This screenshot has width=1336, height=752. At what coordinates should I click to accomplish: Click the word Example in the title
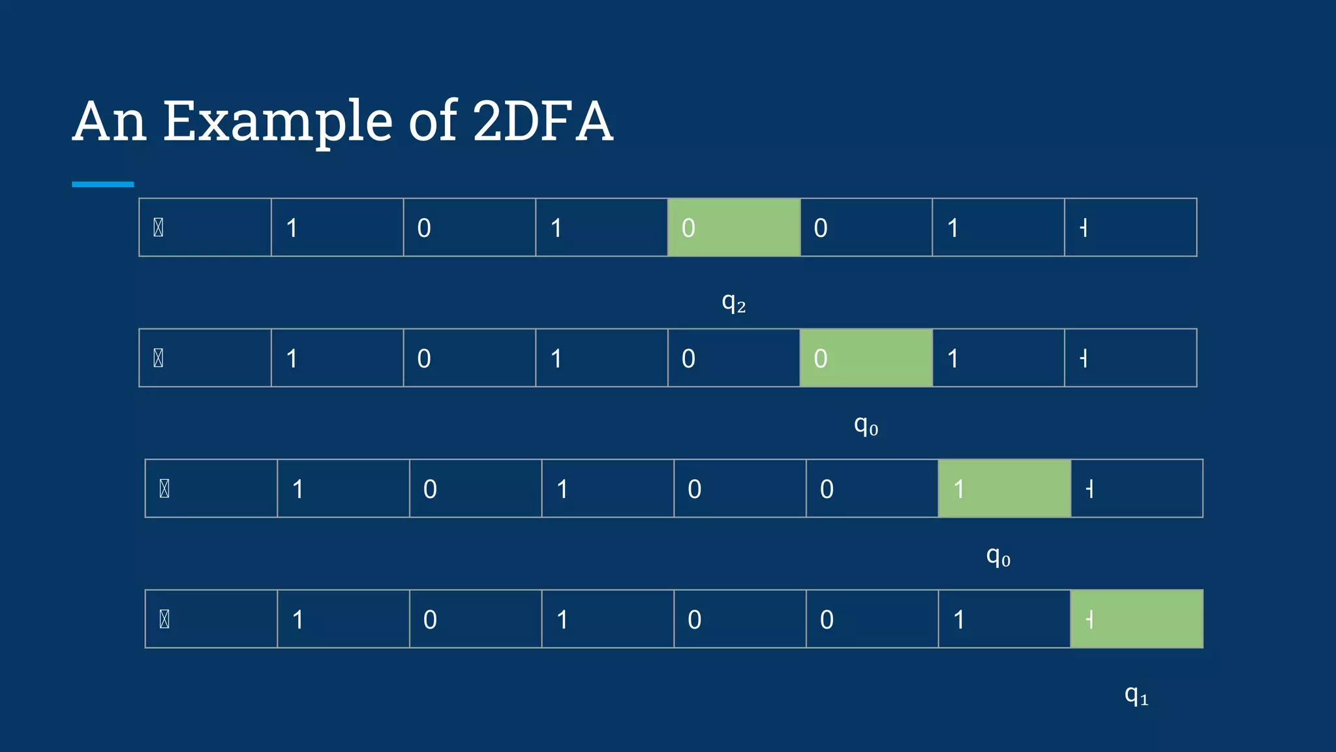277,121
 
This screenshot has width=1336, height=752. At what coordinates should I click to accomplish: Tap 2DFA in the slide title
543,121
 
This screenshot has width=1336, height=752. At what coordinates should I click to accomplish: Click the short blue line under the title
103,185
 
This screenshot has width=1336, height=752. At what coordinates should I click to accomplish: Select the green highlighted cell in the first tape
734,227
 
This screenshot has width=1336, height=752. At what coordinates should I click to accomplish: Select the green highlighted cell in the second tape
866,358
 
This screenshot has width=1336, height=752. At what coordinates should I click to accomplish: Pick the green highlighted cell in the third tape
1005,488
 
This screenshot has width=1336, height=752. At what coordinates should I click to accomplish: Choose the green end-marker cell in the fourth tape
1137,619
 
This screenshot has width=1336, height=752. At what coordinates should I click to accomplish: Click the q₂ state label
734,302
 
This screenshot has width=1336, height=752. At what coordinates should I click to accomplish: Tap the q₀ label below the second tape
866,426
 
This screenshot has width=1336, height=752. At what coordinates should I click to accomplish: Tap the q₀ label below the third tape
998,557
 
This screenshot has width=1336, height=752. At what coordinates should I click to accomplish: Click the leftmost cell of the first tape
205,227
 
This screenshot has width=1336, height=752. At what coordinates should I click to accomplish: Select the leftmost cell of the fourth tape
211,619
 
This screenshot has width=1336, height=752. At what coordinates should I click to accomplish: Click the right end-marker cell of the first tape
1131,227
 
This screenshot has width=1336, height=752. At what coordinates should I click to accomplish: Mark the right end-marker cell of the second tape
1131,358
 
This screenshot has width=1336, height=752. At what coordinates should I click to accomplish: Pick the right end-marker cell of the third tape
1137,488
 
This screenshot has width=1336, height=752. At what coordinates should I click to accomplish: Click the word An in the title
109,121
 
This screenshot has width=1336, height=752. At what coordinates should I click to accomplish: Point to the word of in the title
432,121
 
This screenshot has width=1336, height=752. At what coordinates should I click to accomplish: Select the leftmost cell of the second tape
205,358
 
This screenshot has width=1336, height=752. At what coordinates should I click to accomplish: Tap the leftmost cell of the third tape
211,488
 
